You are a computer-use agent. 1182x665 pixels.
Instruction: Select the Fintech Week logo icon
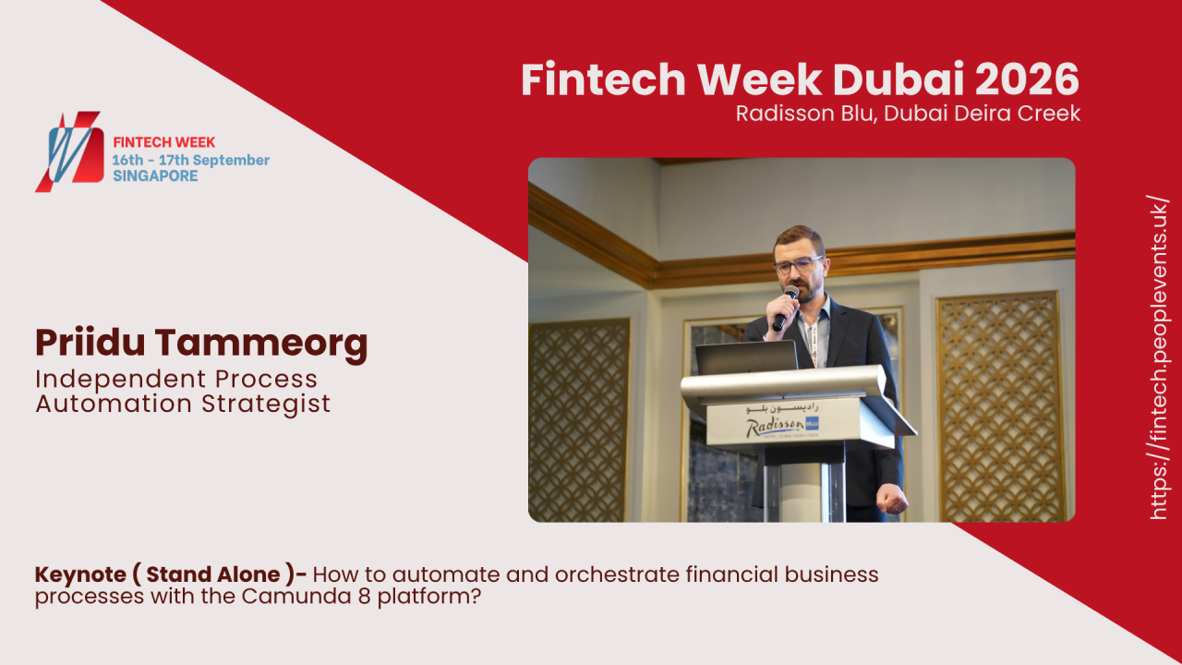[x=69, y=151]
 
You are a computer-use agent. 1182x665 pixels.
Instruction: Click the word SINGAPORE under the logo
[x=155, y=175]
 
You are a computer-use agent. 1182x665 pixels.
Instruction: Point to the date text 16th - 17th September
[x=190, y=160]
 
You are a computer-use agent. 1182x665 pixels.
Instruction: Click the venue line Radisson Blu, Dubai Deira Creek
[x=908, y=114]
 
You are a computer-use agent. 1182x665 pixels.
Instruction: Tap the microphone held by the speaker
[x=785, y=308]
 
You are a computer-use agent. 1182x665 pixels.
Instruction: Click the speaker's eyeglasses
[x=795, y=264]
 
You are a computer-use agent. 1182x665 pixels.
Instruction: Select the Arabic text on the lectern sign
[x=786, y=406]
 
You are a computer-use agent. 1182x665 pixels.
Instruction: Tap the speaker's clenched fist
[x=893, y=498]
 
